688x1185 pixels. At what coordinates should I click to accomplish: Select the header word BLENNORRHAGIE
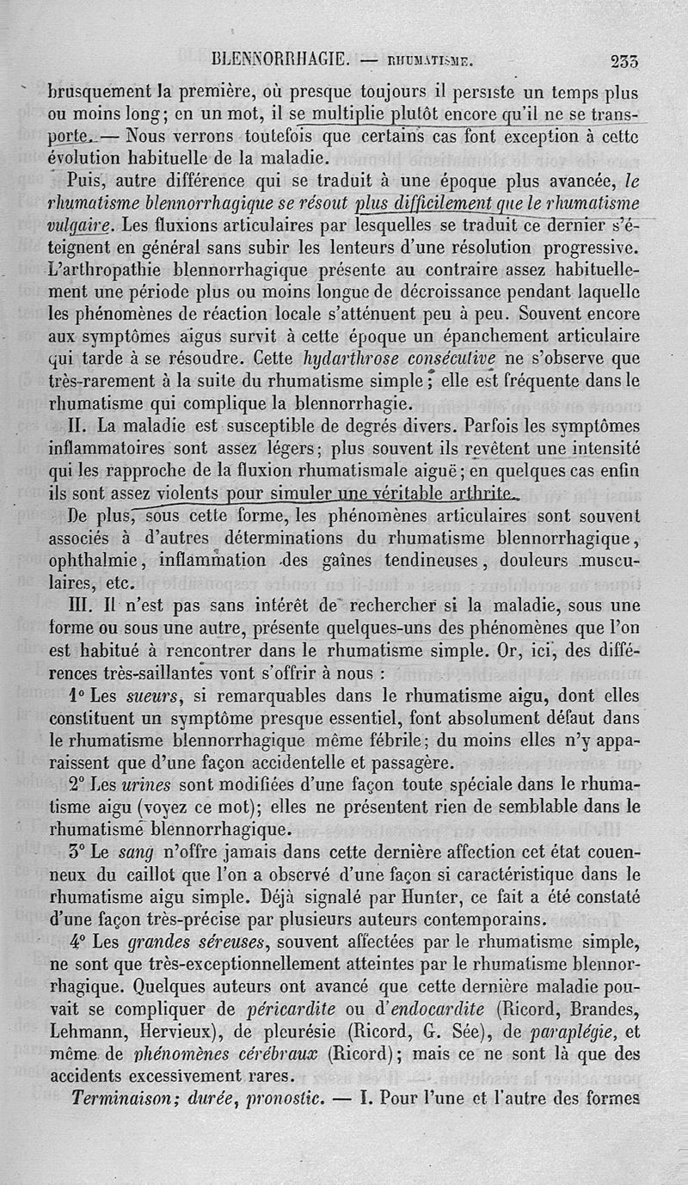point(279,61)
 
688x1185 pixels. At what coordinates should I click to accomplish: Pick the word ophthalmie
point(101,560)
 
